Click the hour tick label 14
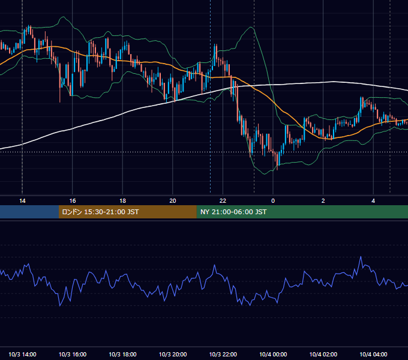22,201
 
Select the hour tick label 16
73,201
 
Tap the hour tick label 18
122,201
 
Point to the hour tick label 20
173,201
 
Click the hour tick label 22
223,201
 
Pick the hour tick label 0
273,201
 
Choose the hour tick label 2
323,201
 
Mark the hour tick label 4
373,201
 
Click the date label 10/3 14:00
22,354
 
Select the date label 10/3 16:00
73,354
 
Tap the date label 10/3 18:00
122,354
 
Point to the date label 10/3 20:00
173,354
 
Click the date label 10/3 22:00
223,354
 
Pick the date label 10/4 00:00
273,354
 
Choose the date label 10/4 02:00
323,354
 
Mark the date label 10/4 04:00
373,354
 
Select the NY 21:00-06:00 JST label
233,212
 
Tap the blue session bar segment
29,212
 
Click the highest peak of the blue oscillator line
361,257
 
